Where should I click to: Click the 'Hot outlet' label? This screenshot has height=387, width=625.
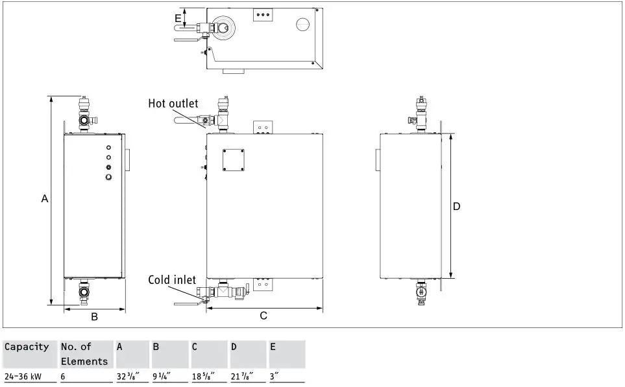tap(173, 104)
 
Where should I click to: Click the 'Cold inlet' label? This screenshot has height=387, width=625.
tap(172, 280)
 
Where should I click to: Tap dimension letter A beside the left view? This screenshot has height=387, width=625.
tap(45, 199)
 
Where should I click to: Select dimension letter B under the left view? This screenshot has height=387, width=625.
tap(94, 317)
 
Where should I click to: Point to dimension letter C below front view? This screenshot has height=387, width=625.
tap(263, 316)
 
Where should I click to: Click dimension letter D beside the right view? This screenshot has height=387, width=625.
tap(456, 206)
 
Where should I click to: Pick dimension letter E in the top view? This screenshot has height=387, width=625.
tap(178, 18)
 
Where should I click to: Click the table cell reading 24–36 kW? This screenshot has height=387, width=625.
tap(23, 377)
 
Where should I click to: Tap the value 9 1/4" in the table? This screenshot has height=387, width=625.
tap(162, 377)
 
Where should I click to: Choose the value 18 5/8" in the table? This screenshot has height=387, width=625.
tap(203, 377)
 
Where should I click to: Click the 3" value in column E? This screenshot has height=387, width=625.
tap(275, 377)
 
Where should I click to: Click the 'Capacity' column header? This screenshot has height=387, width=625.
tap(27, 347)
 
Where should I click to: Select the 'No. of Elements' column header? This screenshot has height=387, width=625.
tap(84, 354)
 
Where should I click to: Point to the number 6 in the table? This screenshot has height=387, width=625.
tap(64, 377)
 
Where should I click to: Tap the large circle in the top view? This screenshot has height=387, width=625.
tap(304, 24)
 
